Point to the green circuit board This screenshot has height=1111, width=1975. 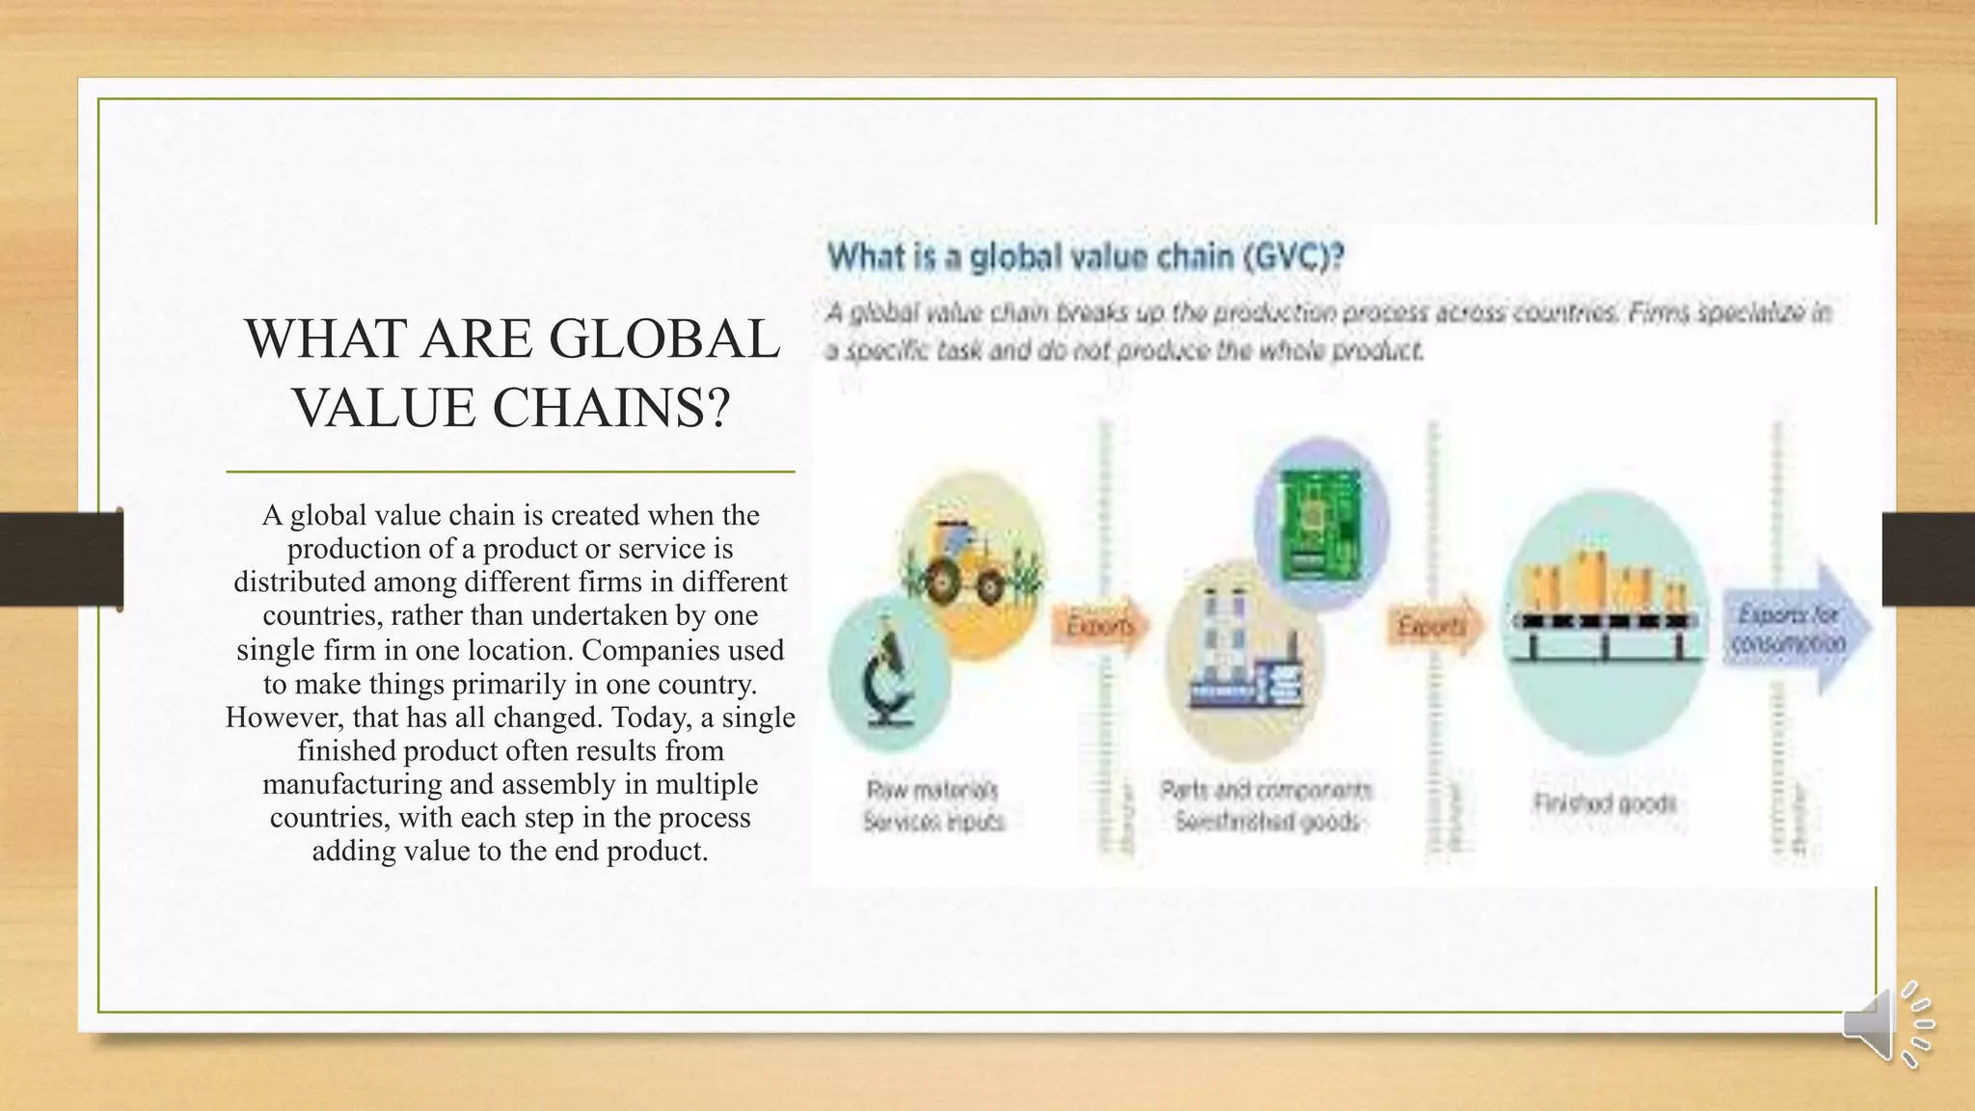pos(1320,525)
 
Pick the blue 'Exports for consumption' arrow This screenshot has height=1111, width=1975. pos(1795,629)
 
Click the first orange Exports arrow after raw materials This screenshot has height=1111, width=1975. pos(1100,627)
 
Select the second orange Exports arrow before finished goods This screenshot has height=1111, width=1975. pos(1434,627)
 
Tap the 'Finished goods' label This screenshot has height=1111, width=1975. pos(1605,803)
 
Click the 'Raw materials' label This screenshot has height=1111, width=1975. pos(932,791)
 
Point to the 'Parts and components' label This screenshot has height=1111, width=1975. pos(1265,791)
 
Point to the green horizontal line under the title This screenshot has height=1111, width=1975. pos(510,472)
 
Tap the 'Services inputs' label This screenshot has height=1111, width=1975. pos(933,822)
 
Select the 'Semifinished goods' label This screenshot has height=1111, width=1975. pos(1267,822)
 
